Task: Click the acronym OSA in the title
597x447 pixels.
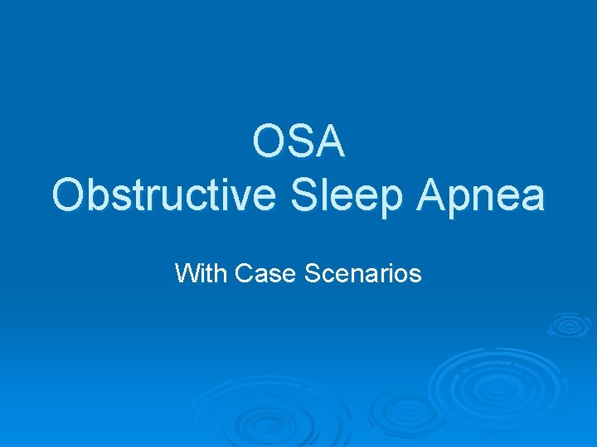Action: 298,142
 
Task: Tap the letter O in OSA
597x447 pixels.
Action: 269,142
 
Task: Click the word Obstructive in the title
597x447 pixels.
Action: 163,196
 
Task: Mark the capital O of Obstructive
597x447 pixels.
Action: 69,196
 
